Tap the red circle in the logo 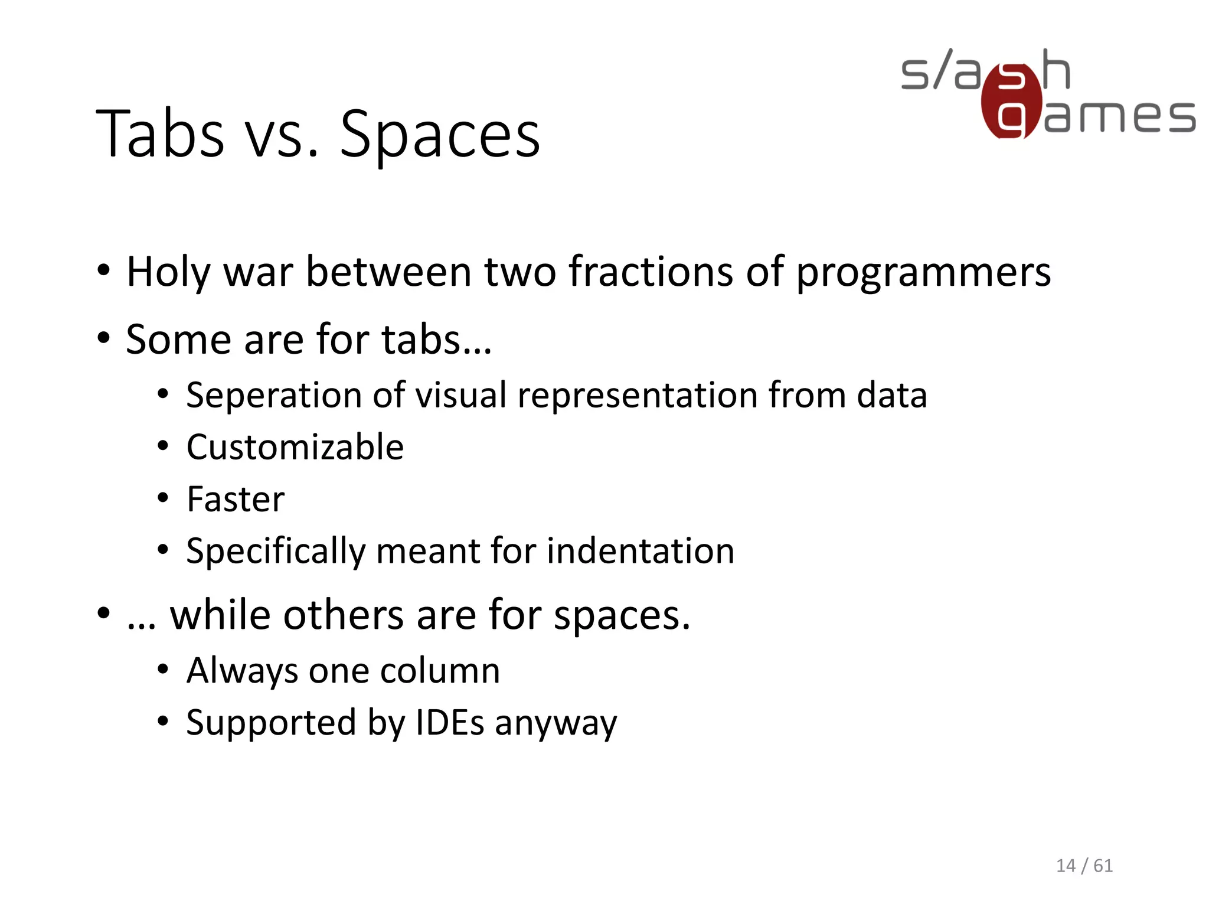[1011, 100]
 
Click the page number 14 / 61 [1084, 866]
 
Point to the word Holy [168, 273]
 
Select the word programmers [923, 273]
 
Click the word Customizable [295, 447]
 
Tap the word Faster [236, 499]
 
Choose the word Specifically [276, 552]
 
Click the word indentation [641, 551]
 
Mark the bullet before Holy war [104, 272]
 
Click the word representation [638, 396]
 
